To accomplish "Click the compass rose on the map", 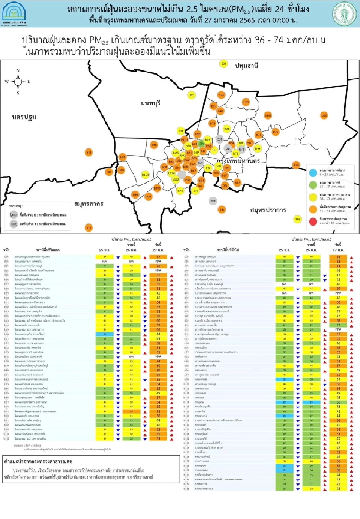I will [18, 81].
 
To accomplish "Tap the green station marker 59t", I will [201, 144].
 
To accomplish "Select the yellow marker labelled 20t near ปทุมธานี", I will [223, 64].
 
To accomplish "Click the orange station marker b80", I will [324, 115].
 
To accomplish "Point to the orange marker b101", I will [268, 115].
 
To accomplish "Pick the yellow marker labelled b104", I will [145, 175].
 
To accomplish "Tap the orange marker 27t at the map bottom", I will [88, 227].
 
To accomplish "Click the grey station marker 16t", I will [213, 201].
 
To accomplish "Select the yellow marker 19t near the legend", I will [297, 220].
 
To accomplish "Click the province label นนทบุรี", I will [150, 103].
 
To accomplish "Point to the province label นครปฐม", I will [24, 117].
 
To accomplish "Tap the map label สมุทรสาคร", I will [88, 204].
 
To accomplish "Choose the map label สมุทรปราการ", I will [268, 210].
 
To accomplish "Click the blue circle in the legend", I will [313, 173].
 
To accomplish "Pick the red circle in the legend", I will [313, 221].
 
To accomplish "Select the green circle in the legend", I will [313, 185].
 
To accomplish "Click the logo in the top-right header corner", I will [344, 13].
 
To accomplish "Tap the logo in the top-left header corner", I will [14, 13].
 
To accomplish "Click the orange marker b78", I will [296, 165].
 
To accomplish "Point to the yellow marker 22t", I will [192, 95].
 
